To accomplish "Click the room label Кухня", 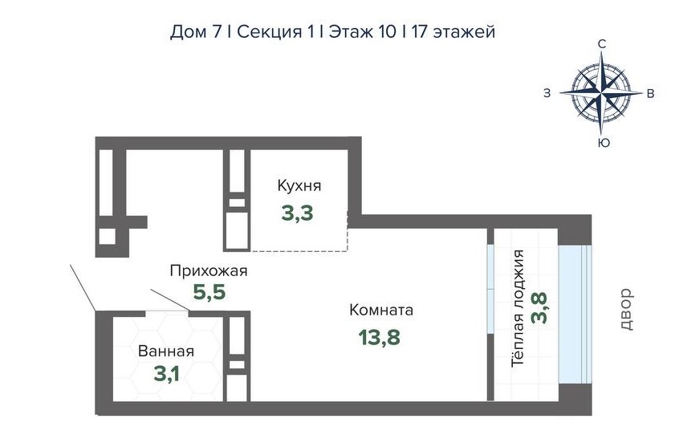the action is click(x=299, y=186).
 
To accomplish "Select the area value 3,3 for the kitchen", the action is click(x=297, y=213).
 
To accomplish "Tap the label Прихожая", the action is click(x=209, y=271).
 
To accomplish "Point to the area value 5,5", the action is click(x=209, y=292).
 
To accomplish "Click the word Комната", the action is click(x=381, y=310).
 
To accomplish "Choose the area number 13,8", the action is click(x=380, y=337).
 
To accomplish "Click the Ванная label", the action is click(x=166, y=352).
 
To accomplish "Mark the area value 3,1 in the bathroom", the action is click(x=167, y=374).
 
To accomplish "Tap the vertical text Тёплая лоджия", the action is click(x=518, y=308).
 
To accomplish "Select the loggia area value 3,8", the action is click(x=539, y=308).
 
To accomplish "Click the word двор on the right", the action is click(x=627, y=310).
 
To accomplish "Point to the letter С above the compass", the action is click(x=602, y=44).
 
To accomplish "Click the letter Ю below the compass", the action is click(x=604, y=143).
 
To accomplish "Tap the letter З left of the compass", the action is click(x=547, y=93).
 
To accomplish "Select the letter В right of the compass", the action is click(x=651, y=93).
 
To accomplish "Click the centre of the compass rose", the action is click(x=601, y=92).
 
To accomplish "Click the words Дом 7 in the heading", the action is click(x=196, y=32).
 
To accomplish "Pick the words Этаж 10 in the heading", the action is click(x=363, y=32).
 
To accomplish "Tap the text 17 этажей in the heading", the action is click(x=453, y=32).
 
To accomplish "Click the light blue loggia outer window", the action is click(x=575, y=314).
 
